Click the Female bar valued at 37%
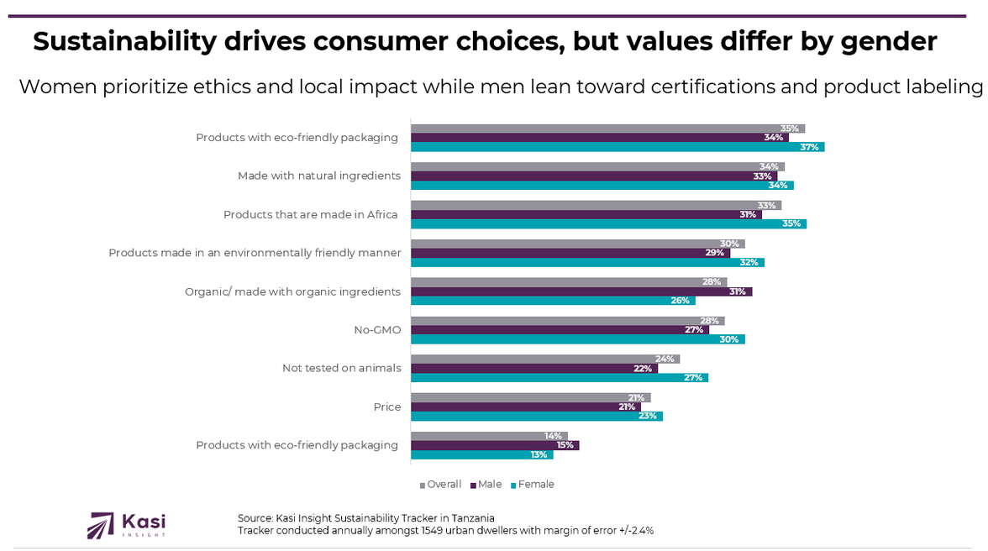[x=617, y=147]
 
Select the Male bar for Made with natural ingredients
[x=594, y=176]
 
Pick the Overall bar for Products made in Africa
[x=596, y=205]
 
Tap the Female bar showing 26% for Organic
[x=553, y=301]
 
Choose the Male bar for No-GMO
[x=560, y=330]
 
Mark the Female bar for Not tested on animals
[x=560, y=378]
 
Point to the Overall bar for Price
[x=530, y=397]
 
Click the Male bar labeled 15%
[x=495, y=445]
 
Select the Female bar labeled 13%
[x=482, y=454]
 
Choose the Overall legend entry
[x=443, y=485]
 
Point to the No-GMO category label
[x=377, y=330]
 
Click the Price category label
[x=387, y=407]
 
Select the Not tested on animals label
[x=341, y=368]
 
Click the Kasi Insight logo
[x=127, y=525]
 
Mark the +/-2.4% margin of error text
[x=634, y=531]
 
